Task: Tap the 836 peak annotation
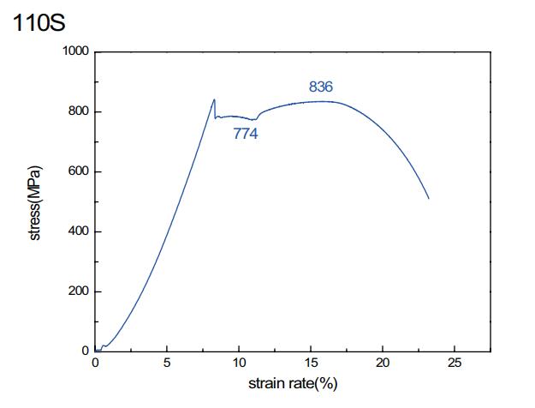point(320,87)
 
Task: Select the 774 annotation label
point(246,134)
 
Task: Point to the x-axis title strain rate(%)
point(293,383)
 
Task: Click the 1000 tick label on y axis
point(75,51)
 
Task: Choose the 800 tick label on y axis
point(79,111)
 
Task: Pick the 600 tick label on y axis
point(79,171)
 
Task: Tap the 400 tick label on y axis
point(79,231)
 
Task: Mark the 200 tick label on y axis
point(79,291)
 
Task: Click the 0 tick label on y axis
point(85,351)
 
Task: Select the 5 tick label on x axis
point(167,363)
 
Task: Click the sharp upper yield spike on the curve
point(214,99)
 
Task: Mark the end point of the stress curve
point(428,199)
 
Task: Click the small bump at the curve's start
point(104,346)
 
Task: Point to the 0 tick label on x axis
point(95,363)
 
